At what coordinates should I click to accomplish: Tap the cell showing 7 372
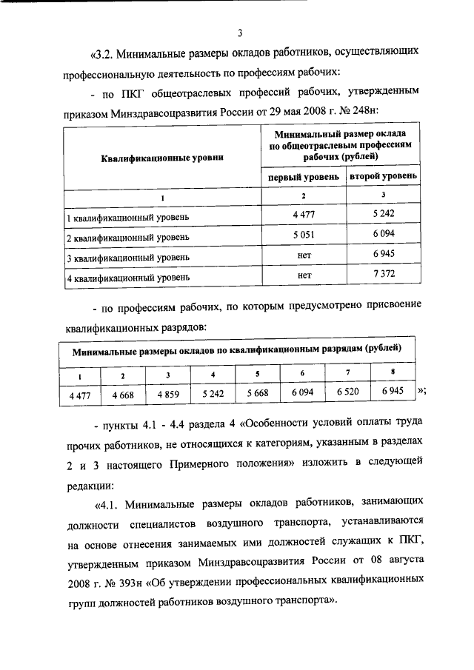point(383,276)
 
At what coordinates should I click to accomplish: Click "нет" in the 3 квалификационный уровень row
point(303,256)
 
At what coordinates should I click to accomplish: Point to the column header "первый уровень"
point(303,177)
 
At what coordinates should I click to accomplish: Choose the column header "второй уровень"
point(383,177)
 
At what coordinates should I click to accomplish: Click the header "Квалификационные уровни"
point(161,157)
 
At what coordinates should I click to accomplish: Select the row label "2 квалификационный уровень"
point(128,238)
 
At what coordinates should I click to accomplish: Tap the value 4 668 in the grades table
point(122,395)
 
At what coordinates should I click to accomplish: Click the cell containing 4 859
point(167,395)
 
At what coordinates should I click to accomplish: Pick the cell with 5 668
point(258,395)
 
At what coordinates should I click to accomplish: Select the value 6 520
point(348,393)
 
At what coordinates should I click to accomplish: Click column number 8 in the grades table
point(393,372)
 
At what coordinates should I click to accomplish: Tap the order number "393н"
point(125,577)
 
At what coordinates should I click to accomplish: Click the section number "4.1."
point(107,506)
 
